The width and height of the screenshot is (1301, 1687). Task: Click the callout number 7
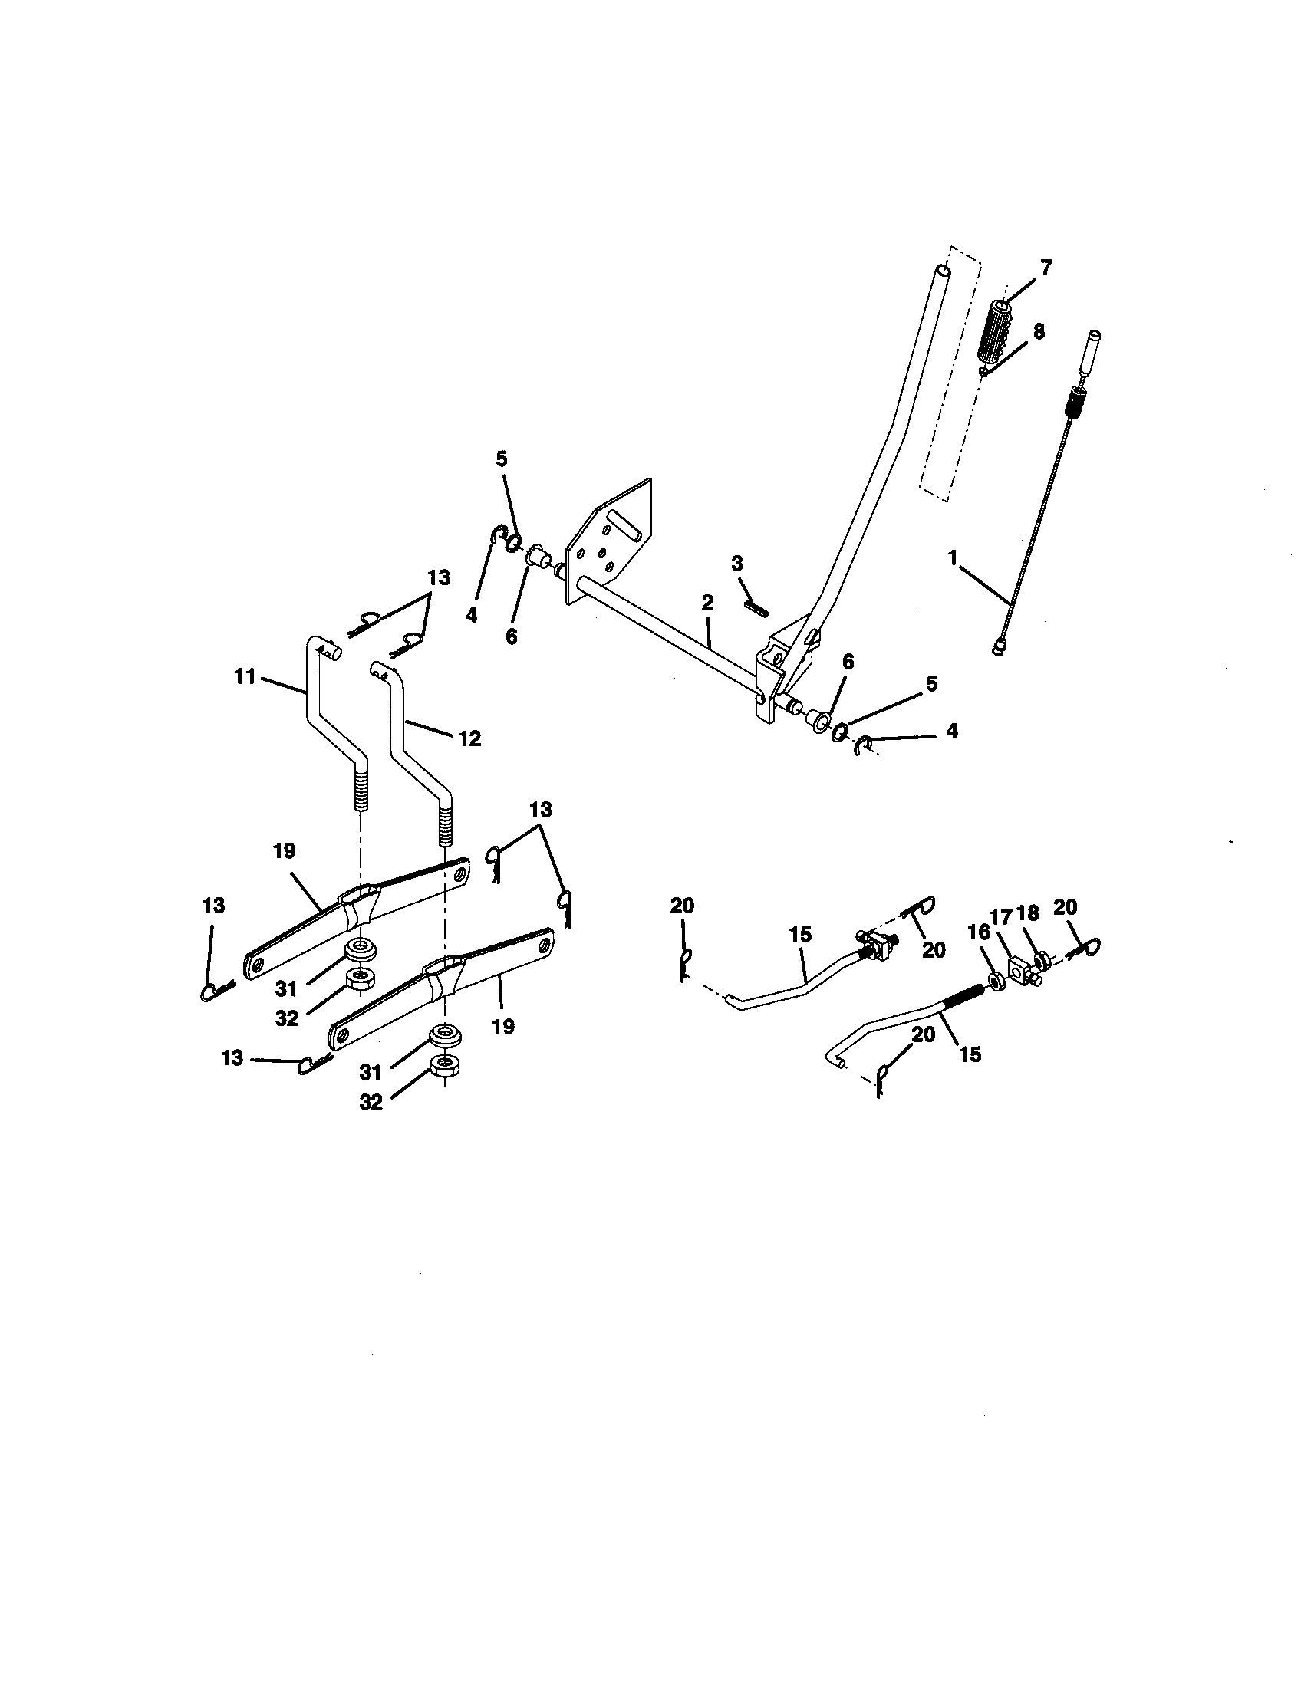coord(1046,268)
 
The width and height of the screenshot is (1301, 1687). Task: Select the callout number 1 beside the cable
coord(953,556)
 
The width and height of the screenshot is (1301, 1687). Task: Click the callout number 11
coord(245,677)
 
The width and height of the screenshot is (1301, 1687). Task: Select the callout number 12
coord(469,738)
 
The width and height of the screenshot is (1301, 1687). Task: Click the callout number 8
coord(1039,331)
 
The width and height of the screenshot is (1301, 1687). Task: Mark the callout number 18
coord(1028,913)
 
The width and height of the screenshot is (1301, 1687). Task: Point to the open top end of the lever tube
coord(944,271)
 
